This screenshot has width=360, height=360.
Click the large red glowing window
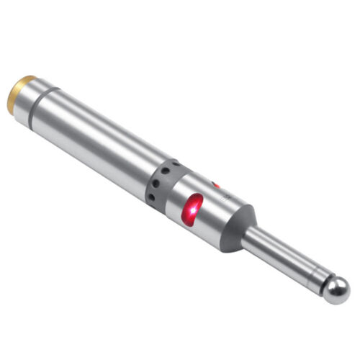tap(193, 210)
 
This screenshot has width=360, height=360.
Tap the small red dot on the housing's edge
tap(215, 186)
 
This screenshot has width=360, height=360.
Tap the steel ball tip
tap(336, 289)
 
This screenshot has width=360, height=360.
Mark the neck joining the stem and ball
tap(321, 281)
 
